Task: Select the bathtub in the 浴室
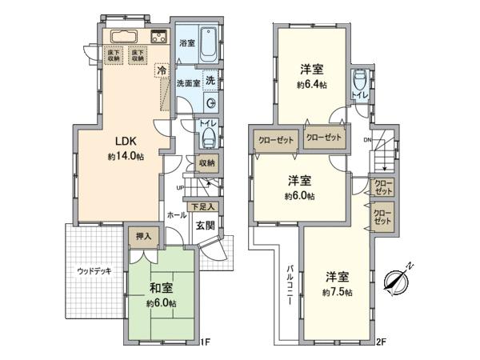[x=210, y=43]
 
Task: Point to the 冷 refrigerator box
[x=162, y=72]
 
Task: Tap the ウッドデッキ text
[x=94, y=271]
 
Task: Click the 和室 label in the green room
[x=160, y=289]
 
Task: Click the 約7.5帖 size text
[x=336, y=293]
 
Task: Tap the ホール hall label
[x=176, y=215]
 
